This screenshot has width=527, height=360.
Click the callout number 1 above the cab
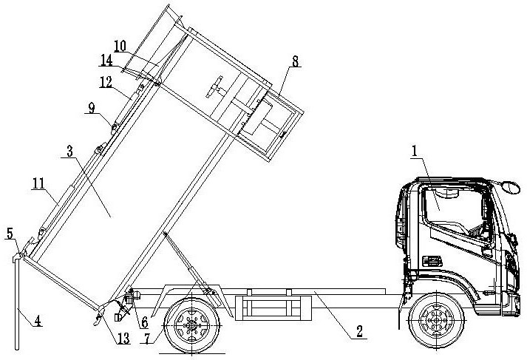coord(415,151)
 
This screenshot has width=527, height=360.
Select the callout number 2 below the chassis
coord(360,331)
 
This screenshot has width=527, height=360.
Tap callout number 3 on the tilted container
coord(69,152)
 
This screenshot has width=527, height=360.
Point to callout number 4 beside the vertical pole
coord(38,320)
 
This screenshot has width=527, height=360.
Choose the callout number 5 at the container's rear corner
coord(10,233)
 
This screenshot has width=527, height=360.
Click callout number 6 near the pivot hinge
coord(145,322)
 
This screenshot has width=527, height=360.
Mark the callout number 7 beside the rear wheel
coord(147,338)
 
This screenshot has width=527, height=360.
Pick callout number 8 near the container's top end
coord(295,61)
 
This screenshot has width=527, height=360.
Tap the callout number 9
coord(92,108)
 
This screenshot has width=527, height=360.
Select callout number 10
coord(120,46)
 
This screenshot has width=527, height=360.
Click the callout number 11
coord(38,183)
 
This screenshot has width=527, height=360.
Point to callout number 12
coord(106,81)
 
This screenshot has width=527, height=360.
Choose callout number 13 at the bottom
coord(123,338)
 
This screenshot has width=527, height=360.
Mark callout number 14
coord(106,61)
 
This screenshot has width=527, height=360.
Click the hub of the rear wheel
coord(191,325)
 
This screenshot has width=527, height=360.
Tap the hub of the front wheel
coord(436,319)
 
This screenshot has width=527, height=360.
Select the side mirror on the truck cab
coord(511,187)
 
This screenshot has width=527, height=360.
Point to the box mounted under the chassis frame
coord(273,308)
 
